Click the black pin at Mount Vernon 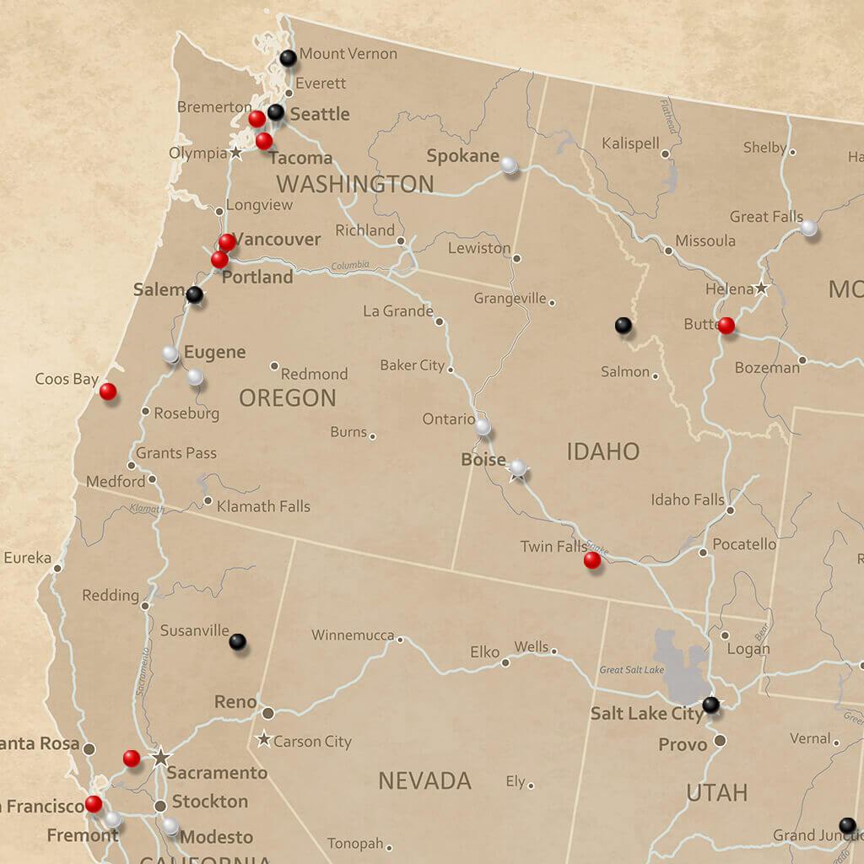[x=288, y=58]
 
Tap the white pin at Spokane [x=509, y=165]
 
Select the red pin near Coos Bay [x=108, y=391]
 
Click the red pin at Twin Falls [x=592, y=559]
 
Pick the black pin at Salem [x=194, y=294]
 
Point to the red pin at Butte [x=726, y=325]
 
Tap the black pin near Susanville [x=238, y=641]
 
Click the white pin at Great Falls [x=808, y=227]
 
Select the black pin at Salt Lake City [x=711, y=704]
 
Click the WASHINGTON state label [x=354, y=184]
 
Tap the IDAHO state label [x=602, y=452]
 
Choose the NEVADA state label [x=424, y=780]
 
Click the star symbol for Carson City [x=264, y=739]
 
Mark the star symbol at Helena [x=761, y=288]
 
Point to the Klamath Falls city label [x=263, y=506]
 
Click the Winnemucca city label [x=352, y=635]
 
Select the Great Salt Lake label [x=631, y=670]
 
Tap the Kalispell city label [x=630, y=144]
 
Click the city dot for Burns [x=372, y=436]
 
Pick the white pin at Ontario [x=482, y=427]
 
